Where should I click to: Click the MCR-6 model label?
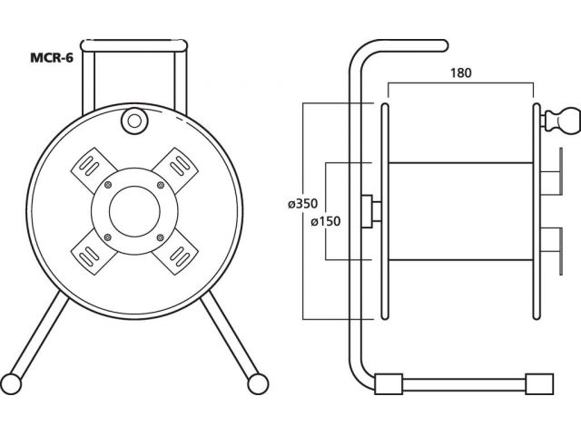tap(52, 58)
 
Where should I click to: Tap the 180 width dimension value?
tap(461, 72)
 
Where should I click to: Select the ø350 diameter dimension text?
tap(302, 204)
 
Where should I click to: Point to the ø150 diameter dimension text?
tap(326, 221)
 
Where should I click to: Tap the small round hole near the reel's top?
tap(134, 121)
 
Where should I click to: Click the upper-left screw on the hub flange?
tap(108, 185)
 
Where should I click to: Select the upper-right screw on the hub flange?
tap(161, 185)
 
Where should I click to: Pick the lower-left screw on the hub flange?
tap(108, 237)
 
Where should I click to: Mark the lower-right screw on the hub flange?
tap(161, 237)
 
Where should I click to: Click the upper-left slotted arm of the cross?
tap(91, 168)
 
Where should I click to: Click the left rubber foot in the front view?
tap(11, 384)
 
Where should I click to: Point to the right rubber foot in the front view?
tap(258, 384)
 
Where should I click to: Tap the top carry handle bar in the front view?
tap(133, 46)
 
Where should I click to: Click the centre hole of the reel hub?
tap(134, 211)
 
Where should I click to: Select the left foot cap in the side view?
tap(389, 384)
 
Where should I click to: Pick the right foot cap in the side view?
tap(539, 384)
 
